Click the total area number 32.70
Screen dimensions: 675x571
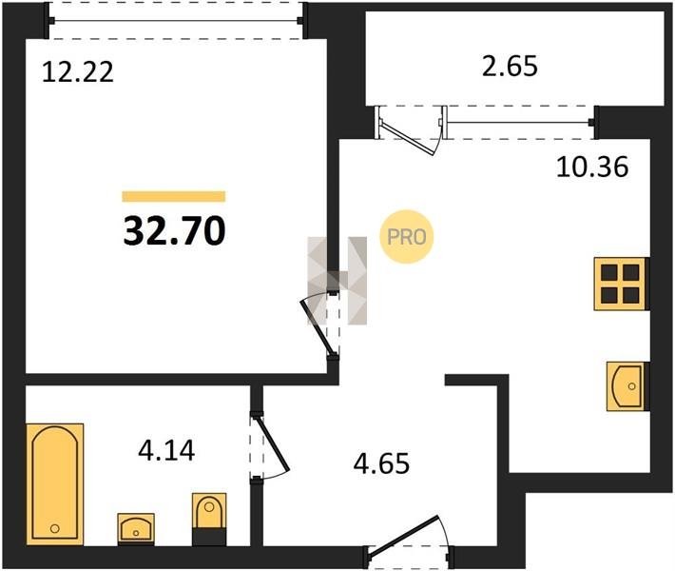174,230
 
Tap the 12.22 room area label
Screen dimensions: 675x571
78,72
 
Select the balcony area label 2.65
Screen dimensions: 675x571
510,67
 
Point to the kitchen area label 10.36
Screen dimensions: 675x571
592,167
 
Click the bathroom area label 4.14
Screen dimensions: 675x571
166,450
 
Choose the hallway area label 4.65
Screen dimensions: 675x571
381,463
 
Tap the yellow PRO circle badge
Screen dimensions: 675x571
406,237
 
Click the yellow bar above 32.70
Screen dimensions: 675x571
174,196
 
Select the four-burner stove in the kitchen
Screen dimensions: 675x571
620,284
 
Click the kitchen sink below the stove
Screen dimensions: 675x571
627,386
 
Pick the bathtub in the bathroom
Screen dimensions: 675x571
55,484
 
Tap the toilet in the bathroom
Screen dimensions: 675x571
209,519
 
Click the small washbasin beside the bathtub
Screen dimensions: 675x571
136,529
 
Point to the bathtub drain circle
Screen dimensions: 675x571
55,528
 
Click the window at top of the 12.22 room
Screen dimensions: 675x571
176,20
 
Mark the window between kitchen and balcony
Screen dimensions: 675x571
519,123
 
